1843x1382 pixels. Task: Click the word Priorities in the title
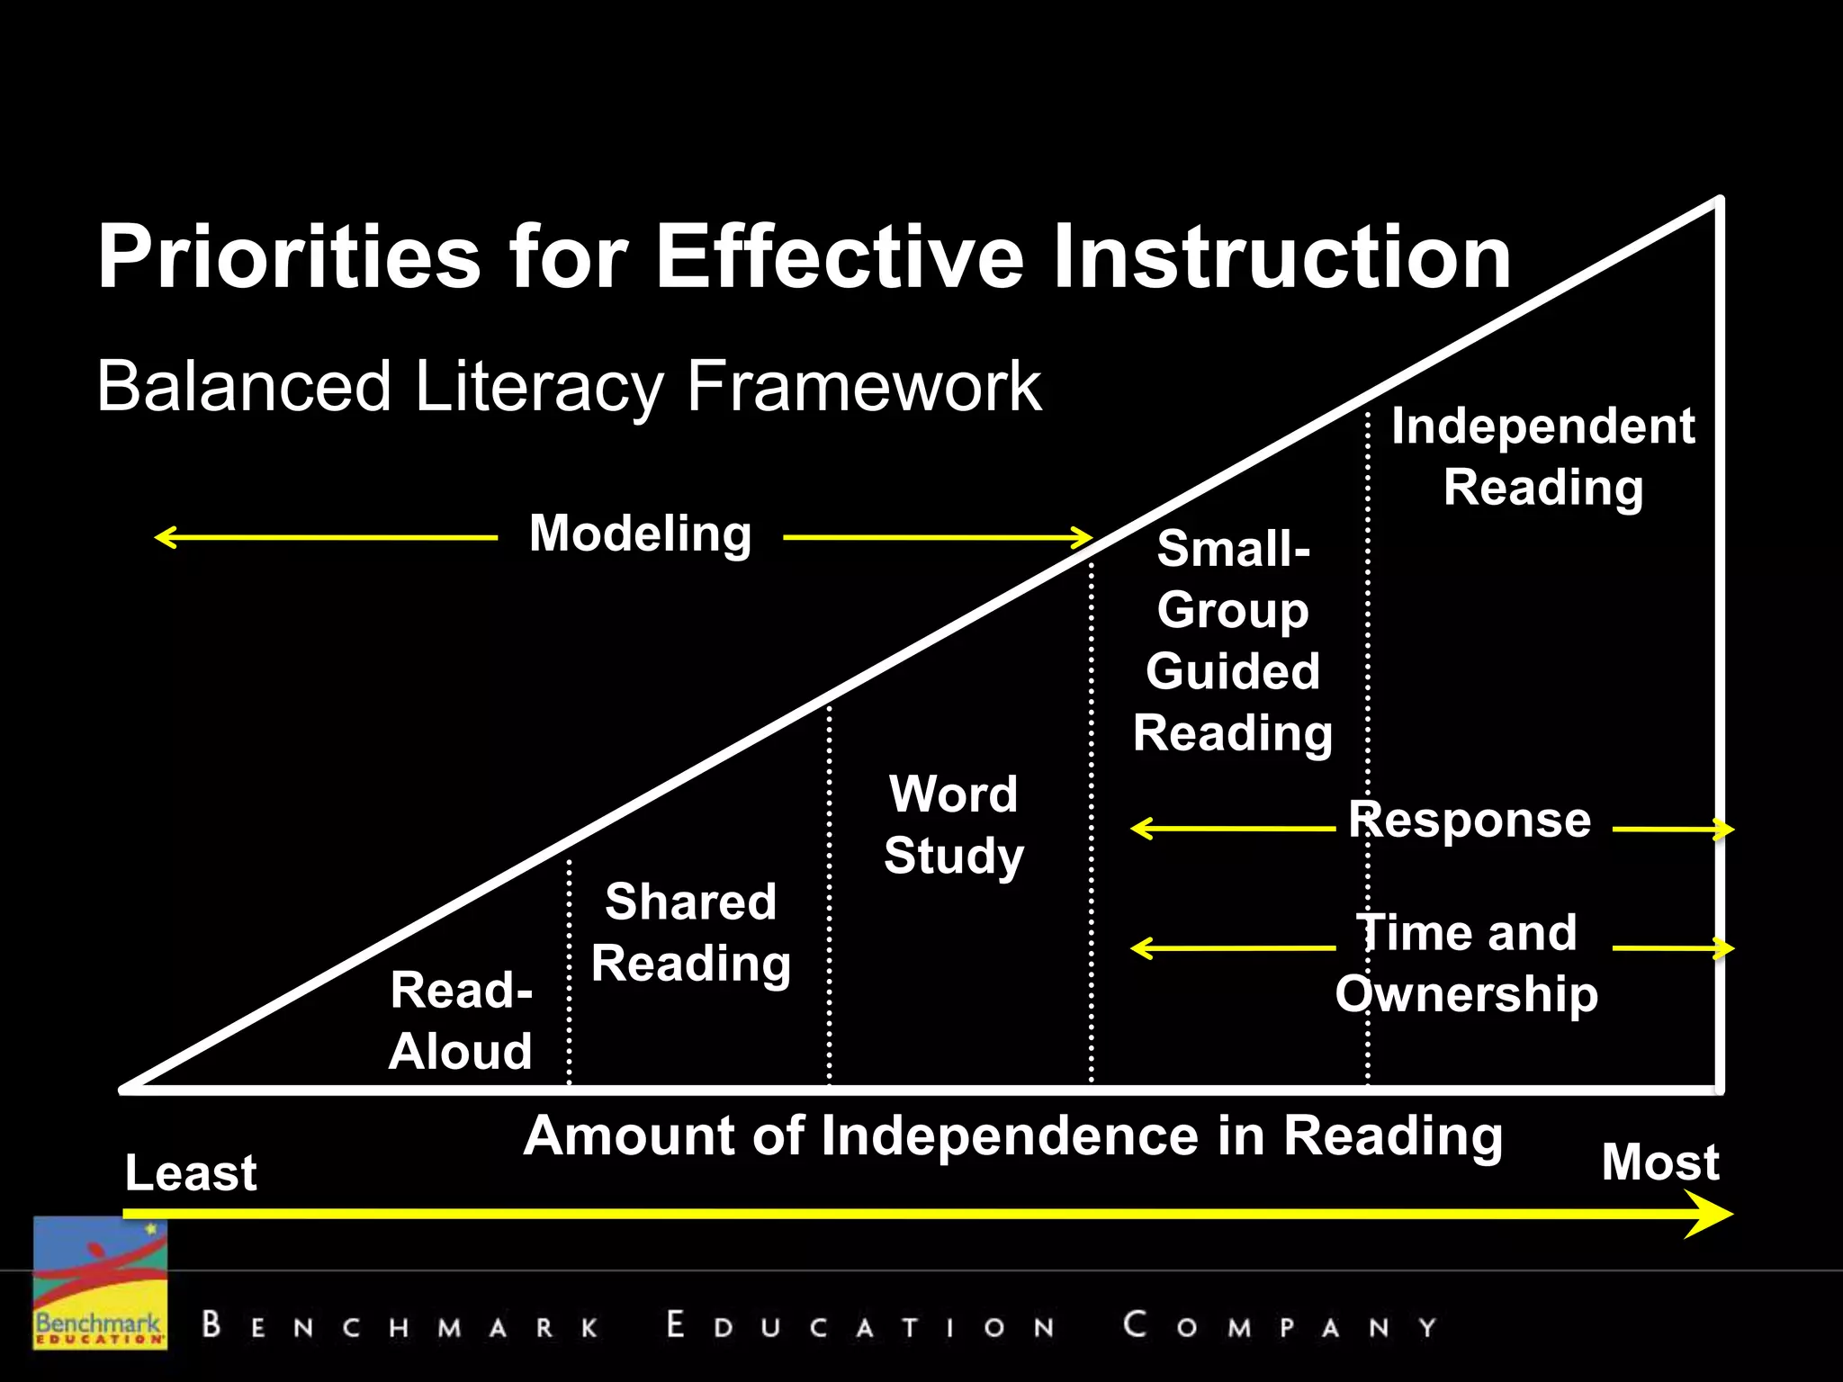pos(289,257)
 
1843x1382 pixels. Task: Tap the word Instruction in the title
pos(1281,257)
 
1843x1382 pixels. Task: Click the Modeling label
pos(640,534)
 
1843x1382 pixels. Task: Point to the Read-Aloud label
pos(461,1021)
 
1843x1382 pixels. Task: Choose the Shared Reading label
pos(691,932)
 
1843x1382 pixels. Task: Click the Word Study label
pos(954,824)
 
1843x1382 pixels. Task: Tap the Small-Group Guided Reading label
pos(1233,641)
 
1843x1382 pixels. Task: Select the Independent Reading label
pos(1543,456)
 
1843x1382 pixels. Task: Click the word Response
pos(1470,820)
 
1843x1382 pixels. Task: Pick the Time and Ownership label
pos(1467,963)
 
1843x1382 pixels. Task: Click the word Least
pos(191,1172)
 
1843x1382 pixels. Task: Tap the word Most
pos(1660,1162)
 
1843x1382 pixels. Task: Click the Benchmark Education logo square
pos(100,1282)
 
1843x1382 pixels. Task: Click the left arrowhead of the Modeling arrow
pos(163,538)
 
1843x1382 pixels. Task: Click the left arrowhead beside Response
pos(1139,828)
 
